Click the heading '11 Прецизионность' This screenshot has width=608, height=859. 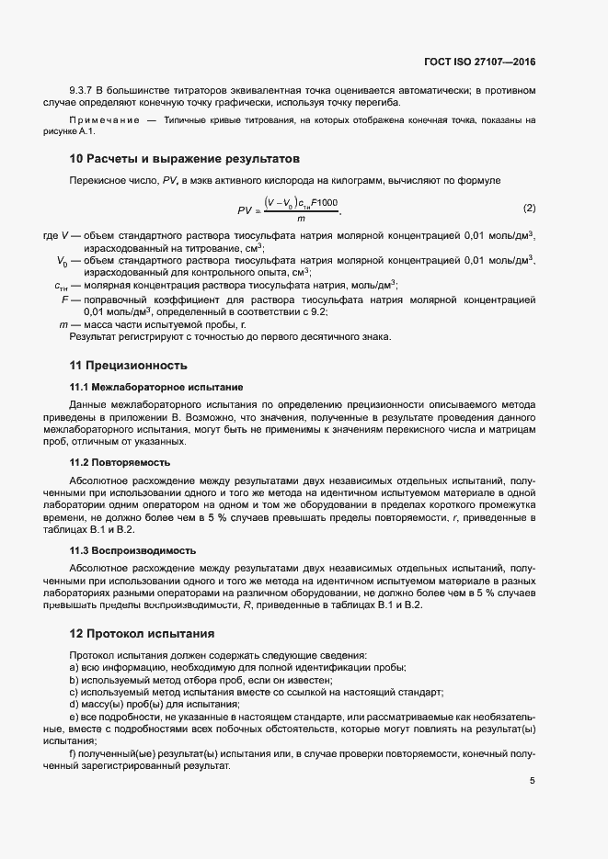pyautogui.click(x=130, y=364)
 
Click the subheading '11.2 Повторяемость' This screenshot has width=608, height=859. pyautogui.click(x=119, y=462)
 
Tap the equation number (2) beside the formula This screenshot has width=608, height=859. pyautogui.click(x=529, y=209)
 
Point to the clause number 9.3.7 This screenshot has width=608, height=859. pyautogui.click(x=84, y=91)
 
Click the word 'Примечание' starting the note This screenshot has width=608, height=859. pyautogui.click(x=103, y=120)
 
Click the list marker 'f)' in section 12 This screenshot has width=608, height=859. pyautogui.click(x=73, y=754)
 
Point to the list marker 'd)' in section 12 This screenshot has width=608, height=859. pyautogui.click(x=74, y=703)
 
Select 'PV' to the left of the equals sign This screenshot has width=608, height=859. pyautogui.click(x=245, y=210)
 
